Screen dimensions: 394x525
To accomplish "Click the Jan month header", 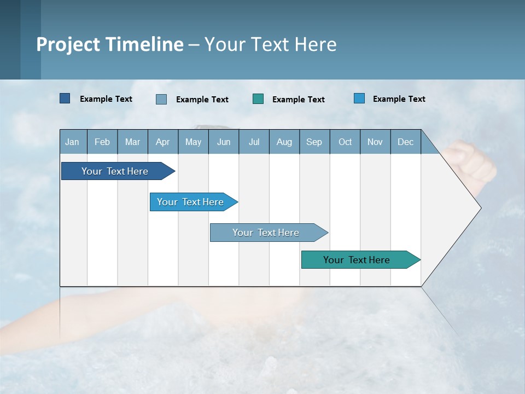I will (73, 142).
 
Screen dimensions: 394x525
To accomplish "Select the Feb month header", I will (102, 142).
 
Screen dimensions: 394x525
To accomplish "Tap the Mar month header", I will (132, 142).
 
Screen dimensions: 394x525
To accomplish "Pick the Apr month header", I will (163, 142).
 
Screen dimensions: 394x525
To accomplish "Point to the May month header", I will (193, 142).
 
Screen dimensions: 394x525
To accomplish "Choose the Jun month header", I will (224, 142).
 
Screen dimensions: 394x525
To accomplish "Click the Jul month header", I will (254, 142).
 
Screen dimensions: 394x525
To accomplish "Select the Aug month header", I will (284, 142).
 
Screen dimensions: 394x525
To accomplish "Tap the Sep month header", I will (314, 142).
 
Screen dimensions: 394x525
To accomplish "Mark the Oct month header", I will (345, 142).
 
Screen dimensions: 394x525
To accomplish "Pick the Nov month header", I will (375, 142).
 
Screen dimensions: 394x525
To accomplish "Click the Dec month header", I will (406, 142).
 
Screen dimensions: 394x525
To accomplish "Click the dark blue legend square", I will (65, 99).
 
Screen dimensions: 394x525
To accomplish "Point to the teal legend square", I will (258, 99).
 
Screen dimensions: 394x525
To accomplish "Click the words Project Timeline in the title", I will (110, 44).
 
